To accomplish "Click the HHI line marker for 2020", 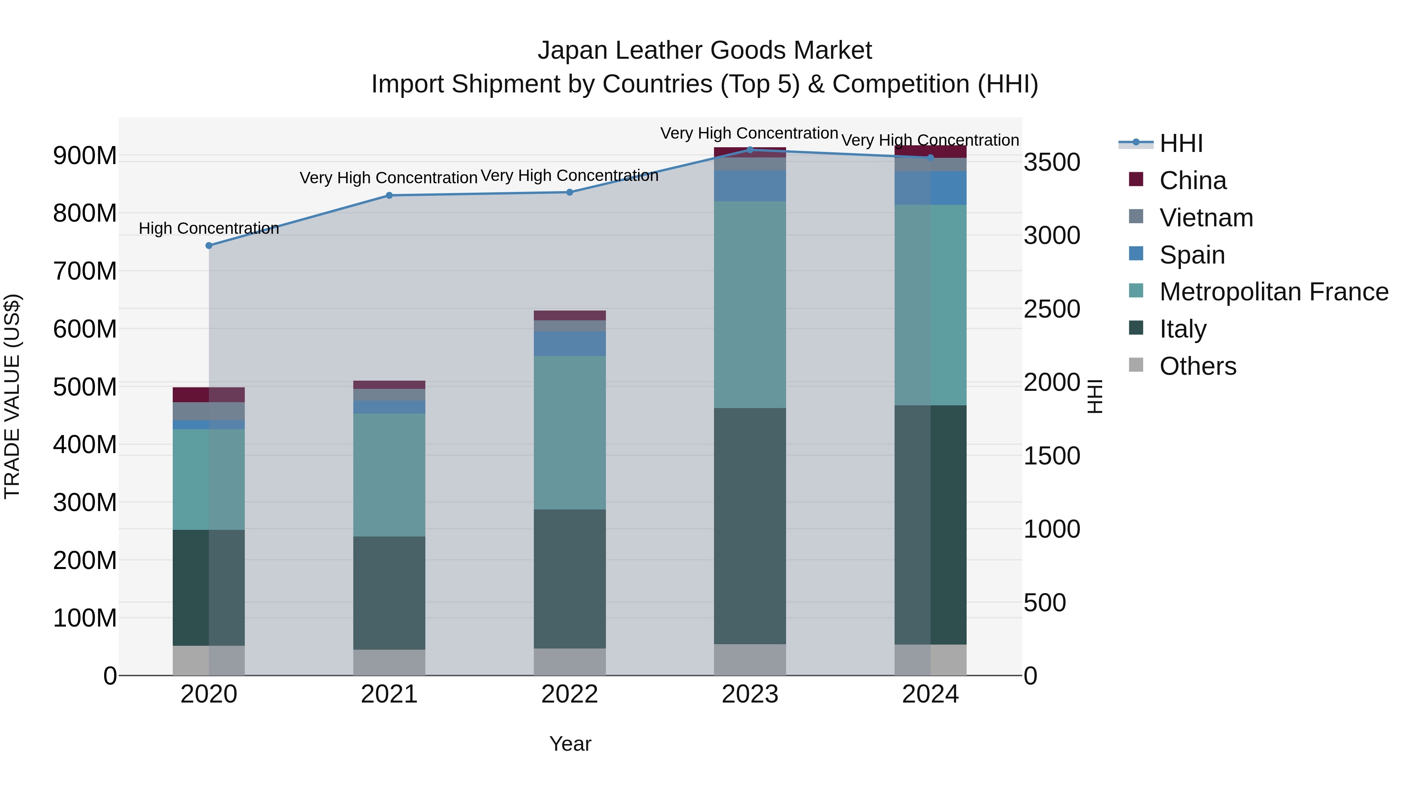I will tap(208, 245).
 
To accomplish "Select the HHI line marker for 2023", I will tap(750, 150).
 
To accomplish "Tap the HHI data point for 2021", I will tap(389, 195).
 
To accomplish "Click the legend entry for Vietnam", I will tap(1206, 218).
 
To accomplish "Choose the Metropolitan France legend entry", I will tap(1273, 292).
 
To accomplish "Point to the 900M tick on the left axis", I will tap(84, 156).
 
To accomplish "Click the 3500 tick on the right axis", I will tap(1052, 163).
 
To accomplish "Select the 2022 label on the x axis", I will tap(569, 694).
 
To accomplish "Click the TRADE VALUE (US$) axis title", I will tap(13, 396).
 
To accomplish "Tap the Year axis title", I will tap(570, 744).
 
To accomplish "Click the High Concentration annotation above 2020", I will tap(208, 228).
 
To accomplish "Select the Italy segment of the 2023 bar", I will tap(750, 526).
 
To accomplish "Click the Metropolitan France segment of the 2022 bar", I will tap(569, 432).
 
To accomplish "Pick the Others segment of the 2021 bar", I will tap(389, 662).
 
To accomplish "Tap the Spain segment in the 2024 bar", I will tap(931, 188).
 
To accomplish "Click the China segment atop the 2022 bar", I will tap(569, 315).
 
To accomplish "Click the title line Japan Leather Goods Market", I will tap(705, 51).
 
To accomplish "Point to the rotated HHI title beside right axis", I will tap(1094, 396).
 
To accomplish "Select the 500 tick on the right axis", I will tap(1044, 603).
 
